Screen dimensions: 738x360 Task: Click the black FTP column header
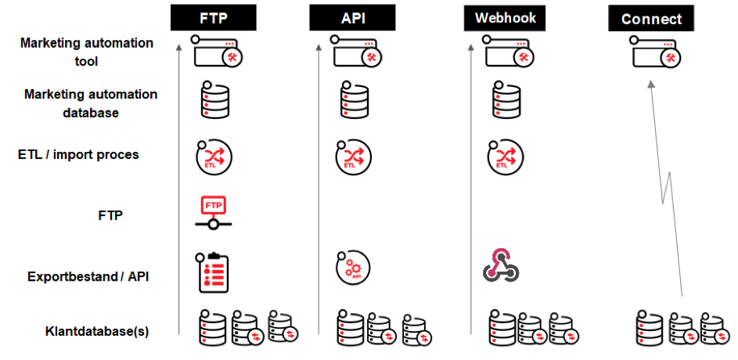213,18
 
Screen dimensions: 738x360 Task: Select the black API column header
352,18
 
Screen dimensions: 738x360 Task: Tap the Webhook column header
506,18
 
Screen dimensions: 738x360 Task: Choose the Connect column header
651,18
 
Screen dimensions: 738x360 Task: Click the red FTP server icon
213,213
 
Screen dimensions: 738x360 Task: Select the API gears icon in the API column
353,268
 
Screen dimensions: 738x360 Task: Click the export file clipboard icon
212,272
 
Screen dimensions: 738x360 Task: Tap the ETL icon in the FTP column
214,157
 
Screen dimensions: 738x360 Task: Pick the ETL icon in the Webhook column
505,157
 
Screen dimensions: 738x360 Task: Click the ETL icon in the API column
353,157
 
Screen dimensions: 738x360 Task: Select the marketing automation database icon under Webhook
506,99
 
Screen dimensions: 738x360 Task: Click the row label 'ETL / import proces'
78,155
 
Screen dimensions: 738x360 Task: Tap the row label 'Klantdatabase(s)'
97,331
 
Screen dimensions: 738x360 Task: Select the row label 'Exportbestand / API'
88,276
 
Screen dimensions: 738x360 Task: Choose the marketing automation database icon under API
354,99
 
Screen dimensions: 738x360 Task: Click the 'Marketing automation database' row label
91,103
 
